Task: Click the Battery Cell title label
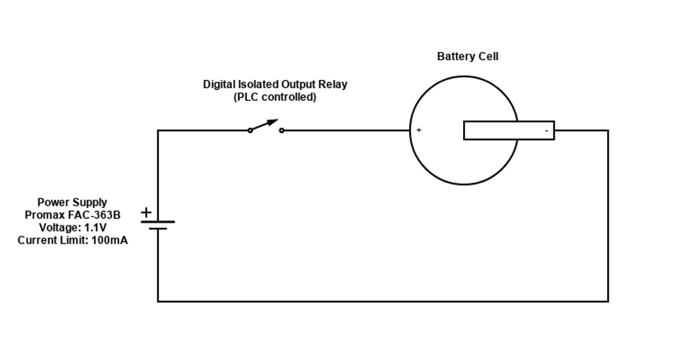[467, 57]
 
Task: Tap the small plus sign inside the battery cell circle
[419, 130]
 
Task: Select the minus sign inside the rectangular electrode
[546, 131]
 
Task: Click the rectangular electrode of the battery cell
[509, 130]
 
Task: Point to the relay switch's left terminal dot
[250, 130]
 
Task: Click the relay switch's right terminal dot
[282, 130]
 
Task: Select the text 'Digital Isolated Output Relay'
[275, 84]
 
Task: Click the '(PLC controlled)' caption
[275, 97]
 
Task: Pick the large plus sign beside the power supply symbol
[146, 213]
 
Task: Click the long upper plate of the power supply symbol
[158, 222]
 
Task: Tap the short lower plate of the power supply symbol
[158, 229]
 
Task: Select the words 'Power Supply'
[72, 202]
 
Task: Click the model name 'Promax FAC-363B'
[72, 215]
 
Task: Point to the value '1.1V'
[95, 228]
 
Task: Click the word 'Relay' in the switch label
[333, 84]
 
